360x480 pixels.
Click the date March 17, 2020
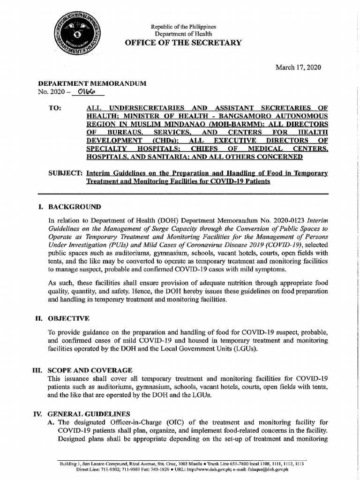point(298,67)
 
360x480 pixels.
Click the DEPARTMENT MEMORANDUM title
point(92,83)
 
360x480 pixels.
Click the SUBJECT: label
point(66,173)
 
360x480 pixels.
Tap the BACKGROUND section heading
point(74,207)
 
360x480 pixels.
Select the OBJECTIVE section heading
point(68,318)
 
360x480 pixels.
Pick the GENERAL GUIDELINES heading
point(89,414)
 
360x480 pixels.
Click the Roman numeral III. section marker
point(37,370)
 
